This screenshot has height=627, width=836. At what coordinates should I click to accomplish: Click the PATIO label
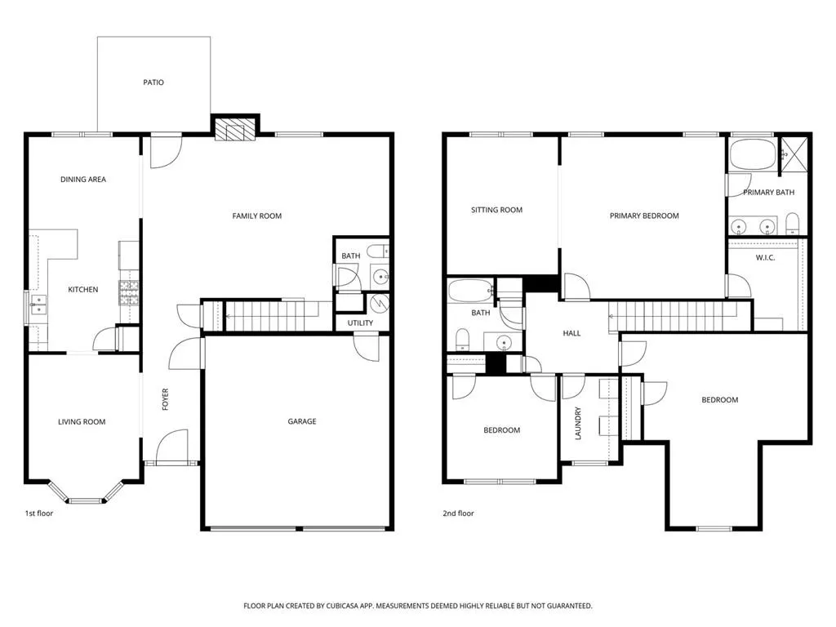click(153, 82)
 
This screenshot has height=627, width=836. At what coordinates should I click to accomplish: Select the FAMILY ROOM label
click(257, 216)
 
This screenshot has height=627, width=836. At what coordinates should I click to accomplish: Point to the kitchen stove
click(130, 293)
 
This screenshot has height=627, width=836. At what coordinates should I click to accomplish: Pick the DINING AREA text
click(83, 180)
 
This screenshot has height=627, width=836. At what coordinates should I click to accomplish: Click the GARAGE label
click(302, 422)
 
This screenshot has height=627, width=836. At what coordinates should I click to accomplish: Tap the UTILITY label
click(360, 323)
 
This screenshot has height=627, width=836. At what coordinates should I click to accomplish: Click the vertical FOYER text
click(166, 399)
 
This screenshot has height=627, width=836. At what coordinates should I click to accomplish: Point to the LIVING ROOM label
click(82, 422)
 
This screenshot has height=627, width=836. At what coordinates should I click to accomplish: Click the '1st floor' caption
click(39, 514)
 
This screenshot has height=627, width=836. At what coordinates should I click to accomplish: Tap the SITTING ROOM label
click(496, 211)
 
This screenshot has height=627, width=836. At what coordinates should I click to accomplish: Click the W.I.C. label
click(765, 258)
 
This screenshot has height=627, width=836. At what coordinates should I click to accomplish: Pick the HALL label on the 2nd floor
click(571, 333)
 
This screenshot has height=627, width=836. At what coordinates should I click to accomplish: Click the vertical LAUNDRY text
click(578, 424)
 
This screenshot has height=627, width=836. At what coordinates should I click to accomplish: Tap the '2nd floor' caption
click(457, 514)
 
